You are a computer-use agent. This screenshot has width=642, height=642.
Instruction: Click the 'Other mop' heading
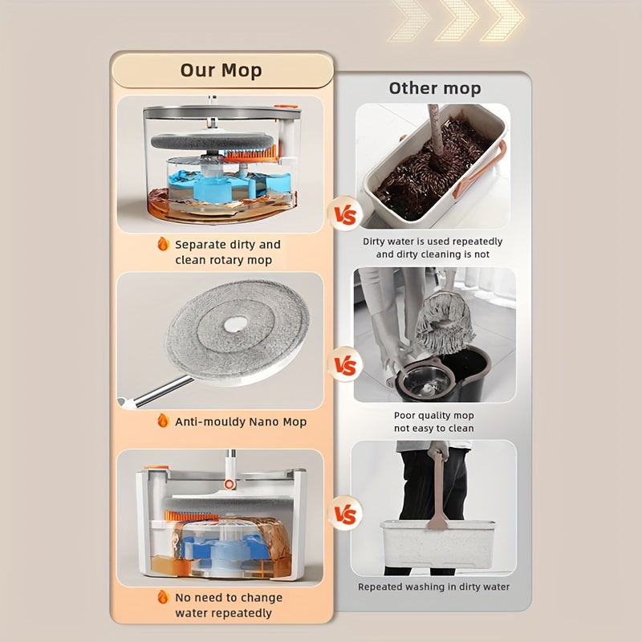click(435, 87)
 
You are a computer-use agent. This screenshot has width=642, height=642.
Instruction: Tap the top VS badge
click(344, 215)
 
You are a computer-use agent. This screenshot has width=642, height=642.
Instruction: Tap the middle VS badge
click(344, 367)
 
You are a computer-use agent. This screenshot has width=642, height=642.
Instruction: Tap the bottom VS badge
click(344, 513)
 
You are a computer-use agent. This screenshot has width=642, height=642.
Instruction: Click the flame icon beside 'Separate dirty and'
click(163, 244)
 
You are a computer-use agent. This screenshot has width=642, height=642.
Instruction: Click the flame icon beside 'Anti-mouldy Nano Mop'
click(163, 421)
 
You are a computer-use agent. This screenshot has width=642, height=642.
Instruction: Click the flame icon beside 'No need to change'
click(163, 597)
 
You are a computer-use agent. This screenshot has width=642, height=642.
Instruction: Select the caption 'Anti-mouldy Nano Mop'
click(241, 421)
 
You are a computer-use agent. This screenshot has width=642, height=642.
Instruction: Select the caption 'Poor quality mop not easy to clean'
click(433, 421)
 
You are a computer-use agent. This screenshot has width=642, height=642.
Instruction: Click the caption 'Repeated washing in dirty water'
click(433, 587)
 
